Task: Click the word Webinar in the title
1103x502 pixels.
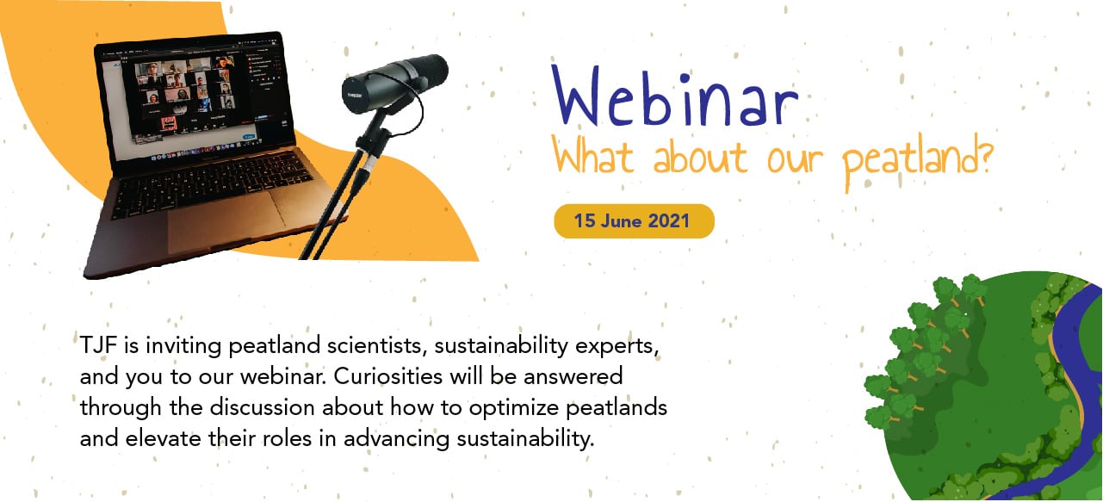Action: click(674, 96)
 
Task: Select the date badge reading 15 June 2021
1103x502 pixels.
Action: click(634, 221)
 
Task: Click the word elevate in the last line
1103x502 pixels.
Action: click(163, 438)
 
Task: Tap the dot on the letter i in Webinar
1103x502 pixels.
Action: click(685, 77)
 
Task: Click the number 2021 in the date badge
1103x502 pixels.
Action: click(669, 221)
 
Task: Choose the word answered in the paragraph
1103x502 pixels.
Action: click(573, 377)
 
